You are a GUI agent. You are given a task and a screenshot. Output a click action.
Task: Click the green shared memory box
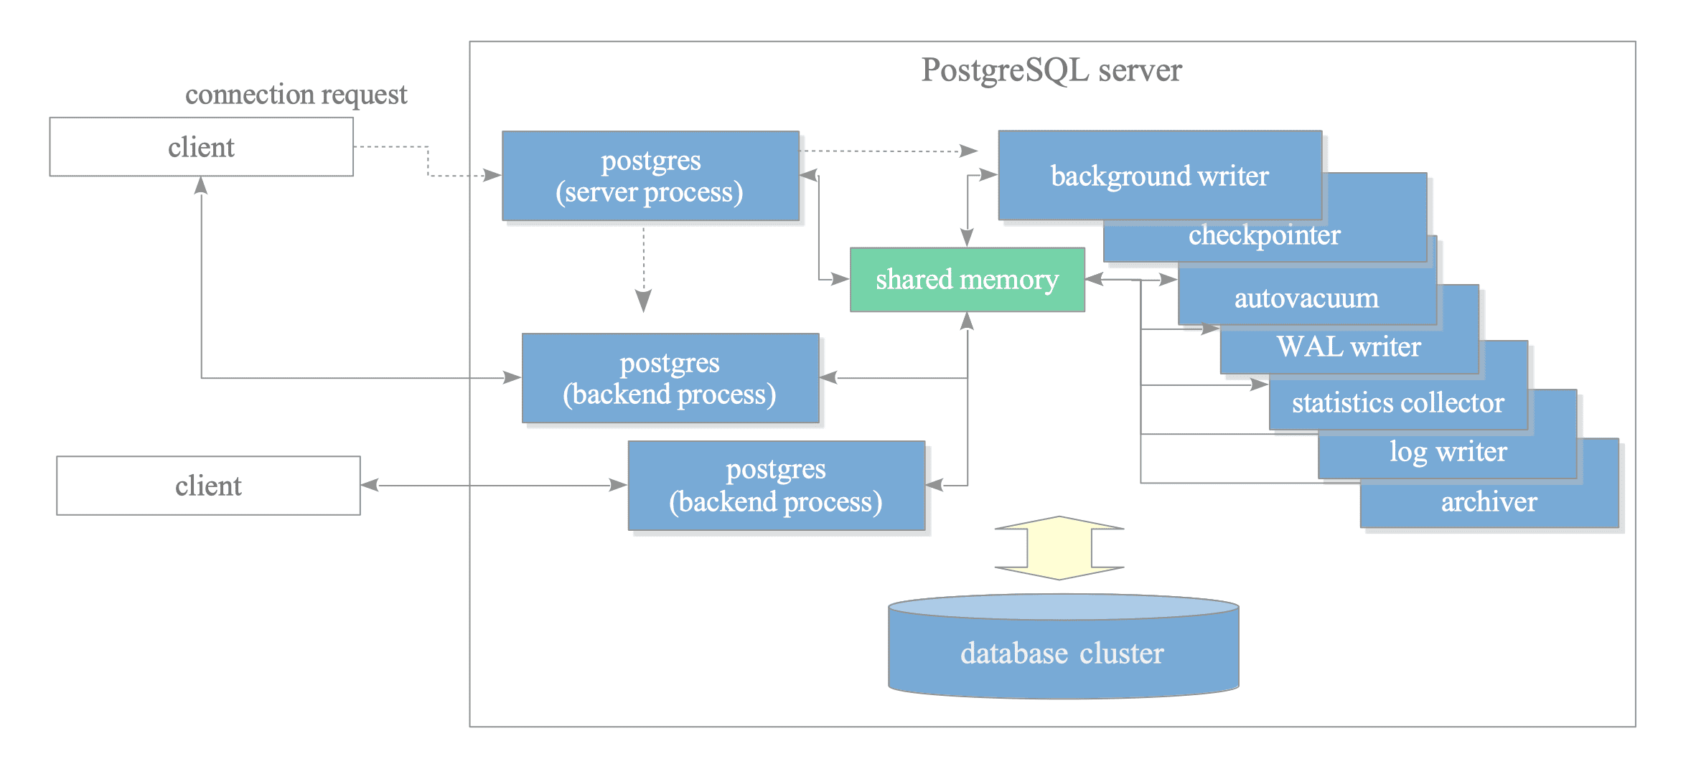(x=967, y=280)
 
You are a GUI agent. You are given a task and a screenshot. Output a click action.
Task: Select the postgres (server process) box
(x=650, y=176)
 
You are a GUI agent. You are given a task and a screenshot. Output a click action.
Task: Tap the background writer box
(x=1159, y=176)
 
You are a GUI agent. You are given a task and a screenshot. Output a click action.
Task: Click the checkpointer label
(x=1264, y=235)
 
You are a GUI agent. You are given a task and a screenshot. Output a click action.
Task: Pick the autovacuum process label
(x=1306, y=298)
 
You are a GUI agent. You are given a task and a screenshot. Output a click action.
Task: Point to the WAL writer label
(x=1349, y=347)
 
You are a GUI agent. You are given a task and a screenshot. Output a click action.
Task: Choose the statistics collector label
(x=1397, y=403)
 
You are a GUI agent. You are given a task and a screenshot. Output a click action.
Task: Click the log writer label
(x=1448, y=452)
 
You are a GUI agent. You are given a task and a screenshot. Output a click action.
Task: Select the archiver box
(x=1489, y=502)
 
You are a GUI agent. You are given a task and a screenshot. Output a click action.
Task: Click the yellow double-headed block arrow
(x=1059, y=548)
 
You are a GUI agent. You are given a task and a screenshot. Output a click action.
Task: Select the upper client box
(x=201, y=147)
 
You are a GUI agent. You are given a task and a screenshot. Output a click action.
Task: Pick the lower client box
(x=208, y=486)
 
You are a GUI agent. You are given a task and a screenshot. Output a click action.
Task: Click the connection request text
(x=296, y=95)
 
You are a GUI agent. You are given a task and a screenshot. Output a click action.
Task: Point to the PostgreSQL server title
(x=1051, y=70)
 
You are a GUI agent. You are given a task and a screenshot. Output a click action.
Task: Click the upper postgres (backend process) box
(x=670, y=378)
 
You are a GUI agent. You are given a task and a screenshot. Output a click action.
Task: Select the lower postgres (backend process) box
(x=776, y=486)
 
